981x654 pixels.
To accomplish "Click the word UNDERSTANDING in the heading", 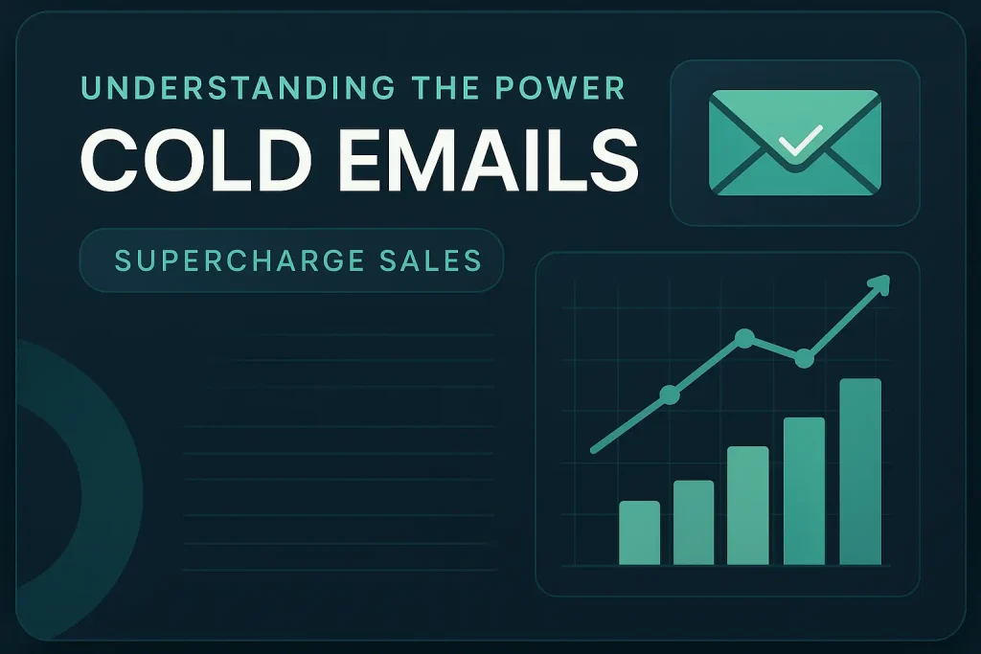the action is point(238,88).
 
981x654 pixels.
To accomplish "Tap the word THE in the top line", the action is point(445,88).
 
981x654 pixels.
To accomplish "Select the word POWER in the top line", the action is point(560,88).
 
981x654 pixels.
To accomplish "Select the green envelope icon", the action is point(794,143).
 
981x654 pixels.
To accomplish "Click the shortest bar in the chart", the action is point(639,532).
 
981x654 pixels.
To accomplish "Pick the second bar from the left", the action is point(694,523).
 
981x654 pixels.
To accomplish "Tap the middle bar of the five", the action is point(747,506).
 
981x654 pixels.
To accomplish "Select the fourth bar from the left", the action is point(804,491).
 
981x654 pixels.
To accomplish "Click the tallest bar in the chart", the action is point(860,472).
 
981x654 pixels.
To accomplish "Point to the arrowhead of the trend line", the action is point(879,284).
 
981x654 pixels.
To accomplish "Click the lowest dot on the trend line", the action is point(670,395).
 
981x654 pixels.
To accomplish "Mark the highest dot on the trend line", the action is point(744,338).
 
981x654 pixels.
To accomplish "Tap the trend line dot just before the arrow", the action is point(804,359).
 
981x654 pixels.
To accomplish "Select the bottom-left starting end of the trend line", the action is point(594,450).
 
